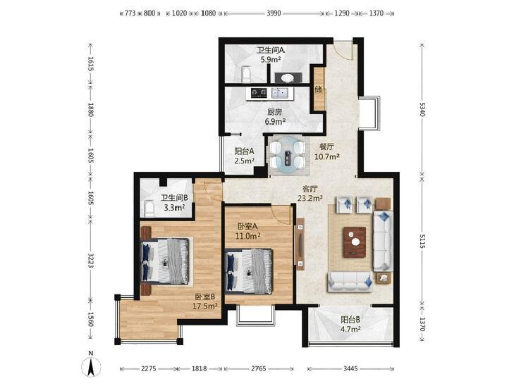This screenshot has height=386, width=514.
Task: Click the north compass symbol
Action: click(x=91, y=363)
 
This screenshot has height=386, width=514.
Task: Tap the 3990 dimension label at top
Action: click(x=274, y=13)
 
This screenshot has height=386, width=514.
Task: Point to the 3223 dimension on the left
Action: click(x=91, y=261)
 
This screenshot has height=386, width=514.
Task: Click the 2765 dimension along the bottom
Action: click(x=259, y=368)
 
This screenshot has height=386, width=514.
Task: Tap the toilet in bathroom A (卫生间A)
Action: click(x=245, y=75)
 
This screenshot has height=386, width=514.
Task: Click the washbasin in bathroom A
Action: click(x=288, y=77)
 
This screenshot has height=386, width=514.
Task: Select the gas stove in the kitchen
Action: click(x=259, y=93)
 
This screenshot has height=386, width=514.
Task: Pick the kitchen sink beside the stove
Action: click(x=280, y=93)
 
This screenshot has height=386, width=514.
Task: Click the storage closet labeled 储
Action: click(x=319, y=89)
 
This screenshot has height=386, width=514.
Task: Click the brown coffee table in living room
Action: click(x=355, y=242)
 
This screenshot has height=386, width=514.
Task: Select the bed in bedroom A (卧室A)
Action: click(x=249, y=270)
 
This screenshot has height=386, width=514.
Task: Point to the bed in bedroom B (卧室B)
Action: click(x=165, y=261)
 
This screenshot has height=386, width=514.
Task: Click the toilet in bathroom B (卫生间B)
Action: click(x=149, y=209)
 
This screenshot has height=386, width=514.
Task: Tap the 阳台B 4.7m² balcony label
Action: click(x=350, y=324)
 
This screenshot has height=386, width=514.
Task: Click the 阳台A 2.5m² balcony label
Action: click(x=245, y=156)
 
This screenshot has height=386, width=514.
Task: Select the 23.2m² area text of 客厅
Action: click(x=310, y=198)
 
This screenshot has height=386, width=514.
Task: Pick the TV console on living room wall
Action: click(x=300, y=244)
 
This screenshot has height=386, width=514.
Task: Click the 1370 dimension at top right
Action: click(x=377, y=13)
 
